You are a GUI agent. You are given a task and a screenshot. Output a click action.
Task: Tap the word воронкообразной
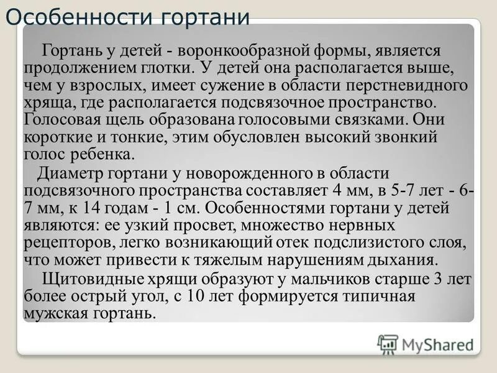239,50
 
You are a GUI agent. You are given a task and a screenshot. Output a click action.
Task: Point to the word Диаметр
67,173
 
